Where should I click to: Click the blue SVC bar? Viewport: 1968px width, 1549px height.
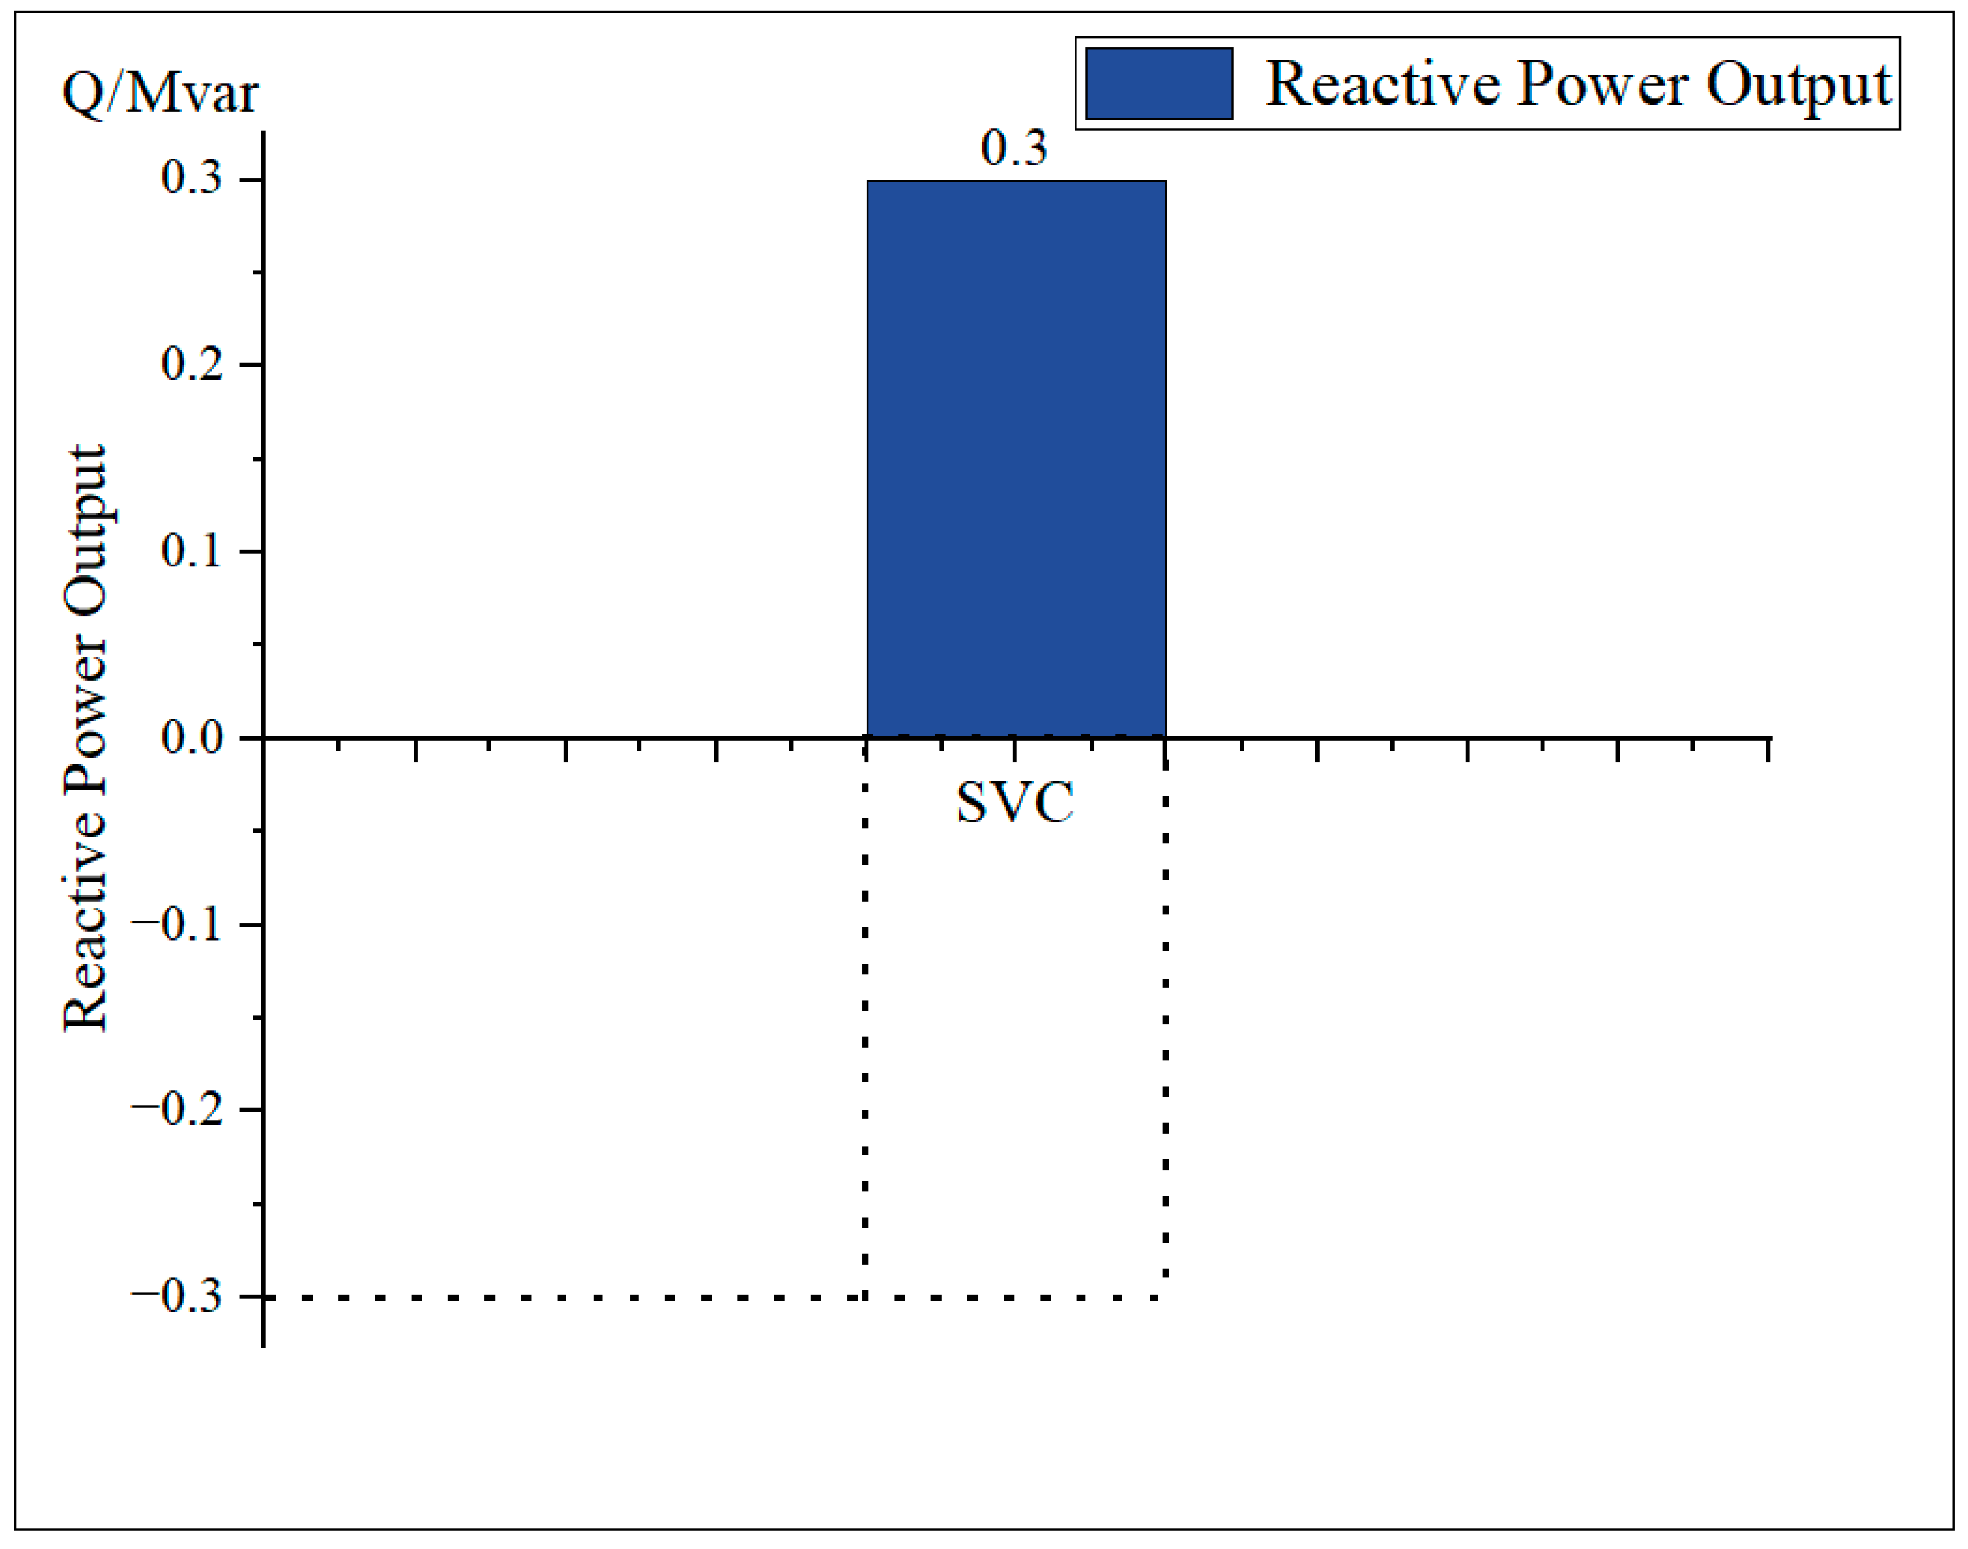(1016, 458)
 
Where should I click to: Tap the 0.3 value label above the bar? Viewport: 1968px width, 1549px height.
(1014, 148)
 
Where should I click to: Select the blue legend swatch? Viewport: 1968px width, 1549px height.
(1158, 83)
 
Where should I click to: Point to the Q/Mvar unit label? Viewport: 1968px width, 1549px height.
(160, 93)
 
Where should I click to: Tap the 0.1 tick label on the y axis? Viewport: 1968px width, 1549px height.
(191, 551)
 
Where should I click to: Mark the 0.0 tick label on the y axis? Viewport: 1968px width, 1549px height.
(191, 738)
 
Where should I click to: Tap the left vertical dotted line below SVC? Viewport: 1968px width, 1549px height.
(865, 1025)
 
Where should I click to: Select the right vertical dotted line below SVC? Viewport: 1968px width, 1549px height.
(1165, 1025)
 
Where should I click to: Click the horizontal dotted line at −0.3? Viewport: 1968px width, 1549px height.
(562, 1298)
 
